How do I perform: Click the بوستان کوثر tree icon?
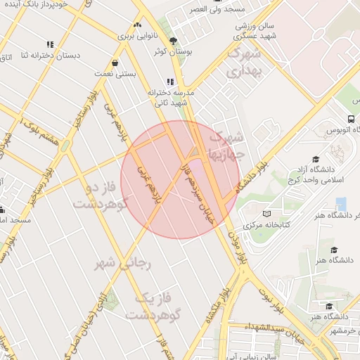click(x=174, y=41)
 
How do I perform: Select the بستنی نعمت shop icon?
click(x=115, y=62)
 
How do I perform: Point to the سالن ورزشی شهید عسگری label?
click(x=256, y=30)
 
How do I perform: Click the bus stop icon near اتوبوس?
click(x=351, y=119)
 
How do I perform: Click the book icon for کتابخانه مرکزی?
click(x=265, y=214)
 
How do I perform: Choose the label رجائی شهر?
click(x=123, y=264)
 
